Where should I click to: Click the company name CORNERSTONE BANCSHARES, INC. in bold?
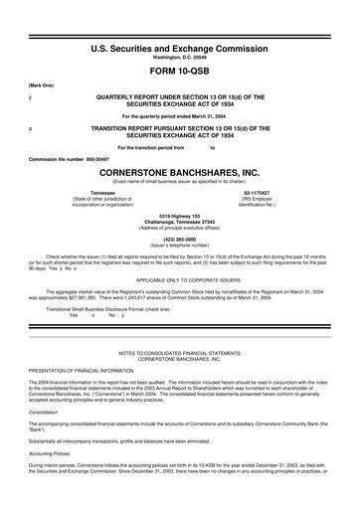click(180, 170)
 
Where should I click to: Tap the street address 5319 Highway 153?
click(180, 216)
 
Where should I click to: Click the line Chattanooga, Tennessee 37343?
click(180, 223)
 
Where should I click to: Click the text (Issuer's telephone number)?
click(180, 247)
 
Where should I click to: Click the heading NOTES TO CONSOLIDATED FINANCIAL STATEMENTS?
click(180, 353)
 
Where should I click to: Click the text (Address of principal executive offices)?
click(180, 229)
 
